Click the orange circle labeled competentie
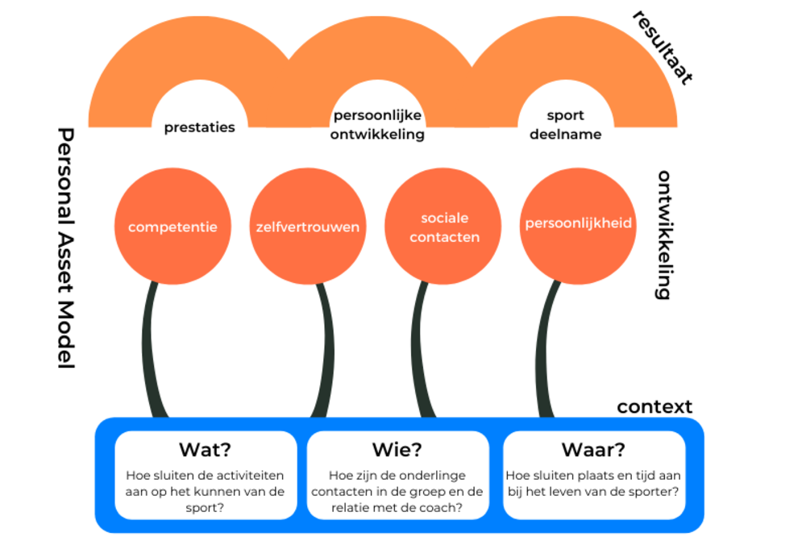point(172,227)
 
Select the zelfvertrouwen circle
point(308,227)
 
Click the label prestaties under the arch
point(200,127)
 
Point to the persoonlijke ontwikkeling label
point(377,125)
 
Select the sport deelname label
point(565,125)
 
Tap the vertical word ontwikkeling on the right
point(663,235)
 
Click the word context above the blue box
point(654,406)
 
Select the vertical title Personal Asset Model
point(66,248)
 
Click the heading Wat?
point(205,449)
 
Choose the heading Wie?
point(397,449)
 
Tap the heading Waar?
point(593,449)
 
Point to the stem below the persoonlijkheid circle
point(546,347)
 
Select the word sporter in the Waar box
point(656,491)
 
